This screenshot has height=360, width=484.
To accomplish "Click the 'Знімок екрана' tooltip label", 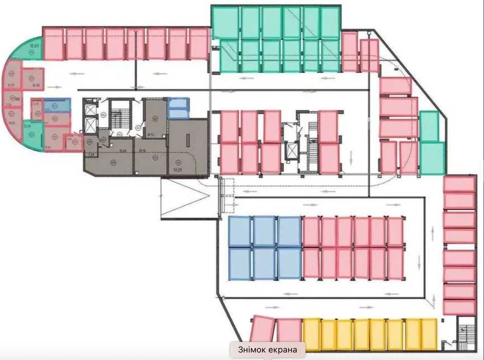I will [x=268, y=350].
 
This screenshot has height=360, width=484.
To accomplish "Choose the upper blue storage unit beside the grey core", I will [x=179, y=103].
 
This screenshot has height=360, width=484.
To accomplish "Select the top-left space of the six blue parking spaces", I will [x=239, y=232].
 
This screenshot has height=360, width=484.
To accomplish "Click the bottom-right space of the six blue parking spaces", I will [x=289, y=264].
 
